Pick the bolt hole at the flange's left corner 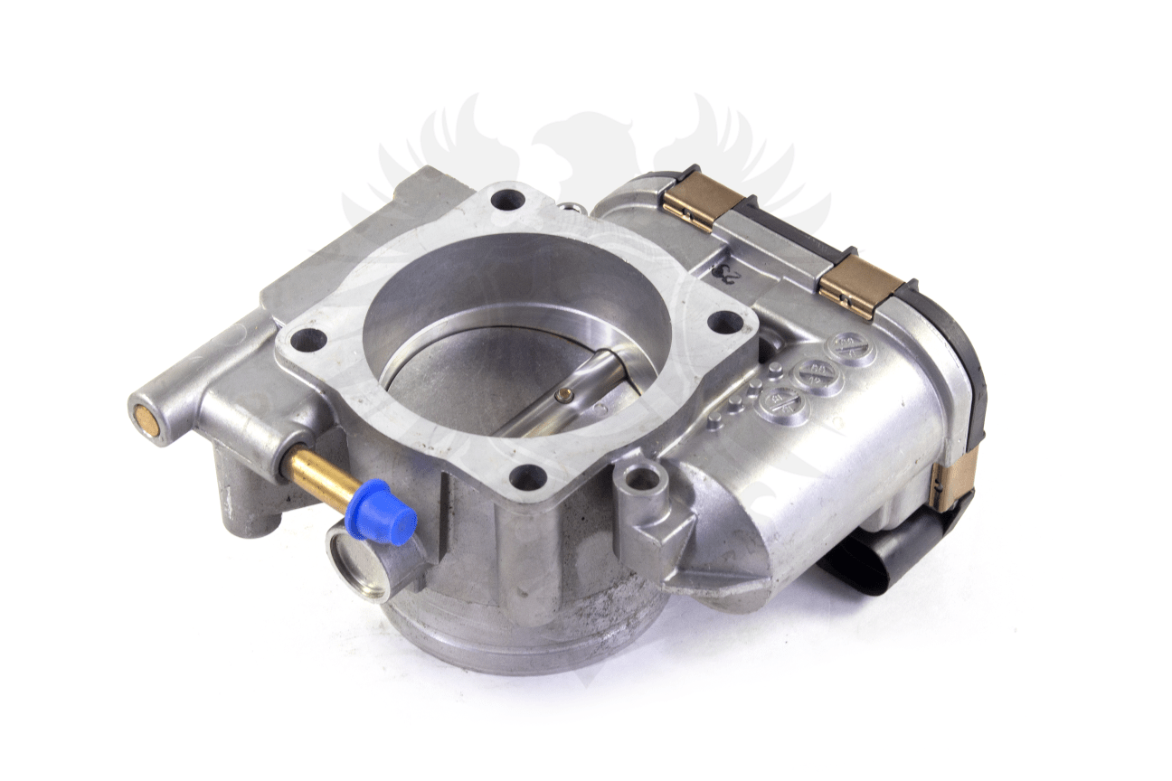308,340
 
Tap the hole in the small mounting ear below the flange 643,476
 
